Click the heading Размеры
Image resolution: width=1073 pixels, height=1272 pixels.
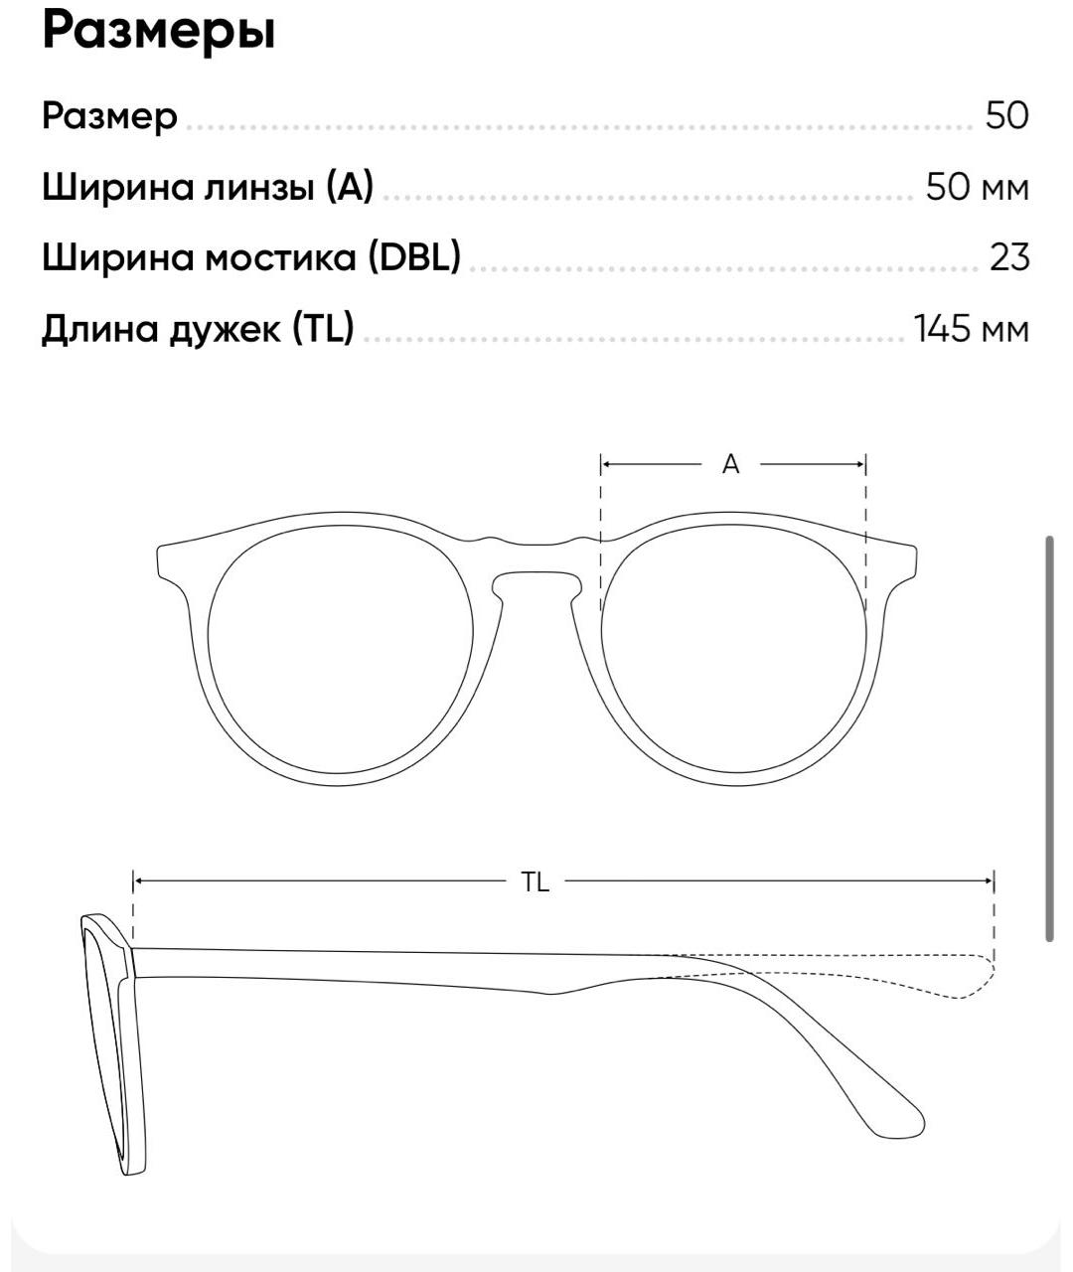coord(158,32)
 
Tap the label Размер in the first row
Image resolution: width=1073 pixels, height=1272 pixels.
coord(109,116)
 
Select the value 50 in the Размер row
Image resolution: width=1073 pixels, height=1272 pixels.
coord(1006,116)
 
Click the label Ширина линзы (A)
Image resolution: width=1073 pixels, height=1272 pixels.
coord(208,187)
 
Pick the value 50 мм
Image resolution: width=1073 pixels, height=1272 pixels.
coord(977,187)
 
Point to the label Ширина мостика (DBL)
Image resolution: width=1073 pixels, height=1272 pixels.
coord(251,257)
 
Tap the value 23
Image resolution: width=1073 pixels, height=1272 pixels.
coord(1009,257)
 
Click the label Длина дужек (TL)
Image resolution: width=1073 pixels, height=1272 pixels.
coord(198,328)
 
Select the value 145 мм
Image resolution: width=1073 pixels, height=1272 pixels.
coord(971,328)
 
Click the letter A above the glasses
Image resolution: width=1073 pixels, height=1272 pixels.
coord(731,464)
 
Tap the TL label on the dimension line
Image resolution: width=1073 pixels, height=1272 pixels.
coord(536,881)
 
